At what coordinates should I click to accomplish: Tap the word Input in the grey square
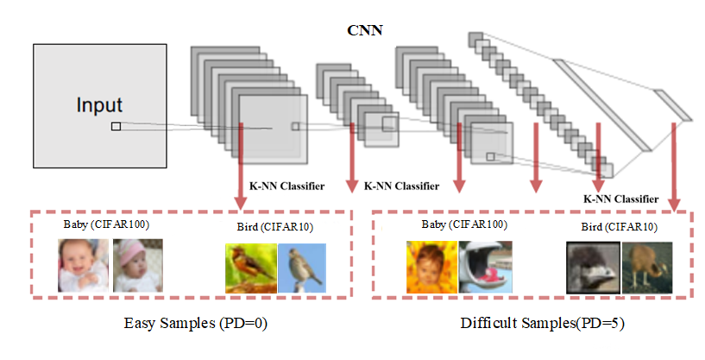99,106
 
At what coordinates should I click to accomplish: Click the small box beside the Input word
116,127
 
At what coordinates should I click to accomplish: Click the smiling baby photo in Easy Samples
84,266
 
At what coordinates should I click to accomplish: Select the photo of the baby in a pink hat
137,266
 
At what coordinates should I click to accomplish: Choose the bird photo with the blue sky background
302,268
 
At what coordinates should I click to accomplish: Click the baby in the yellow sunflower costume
431,267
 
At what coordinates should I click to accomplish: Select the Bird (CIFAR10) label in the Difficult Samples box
619,228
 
